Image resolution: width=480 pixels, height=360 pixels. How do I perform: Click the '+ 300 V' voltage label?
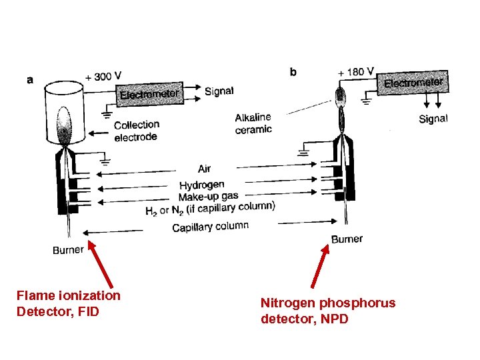click(x=103, y=77)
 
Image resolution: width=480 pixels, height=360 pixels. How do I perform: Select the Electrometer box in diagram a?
click(x=149, y=94)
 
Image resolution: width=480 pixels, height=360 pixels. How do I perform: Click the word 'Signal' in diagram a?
click(x=219, y=91)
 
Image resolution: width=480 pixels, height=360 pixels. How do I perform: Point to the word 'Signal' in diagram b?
click(x=433, y=119)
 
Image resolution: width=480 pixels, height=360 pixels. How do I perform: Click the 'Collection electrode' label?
click(x=136, y=131)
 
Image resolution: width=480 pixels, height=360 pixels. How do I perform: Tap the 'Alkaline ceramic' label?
click(x=253, y=123)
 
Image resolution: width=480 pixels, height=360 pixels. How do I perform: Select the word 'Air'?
click(x=204, y=169)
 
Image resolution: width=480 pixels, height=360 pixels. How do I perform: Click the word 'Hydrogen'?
click(x=201, y=185)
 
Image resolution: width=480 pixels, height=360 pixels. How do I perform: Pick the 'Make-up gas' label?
click(x=208, y=197)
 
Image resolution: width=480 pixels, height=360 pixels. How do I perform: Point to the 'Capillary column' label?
click(x=210, y=227)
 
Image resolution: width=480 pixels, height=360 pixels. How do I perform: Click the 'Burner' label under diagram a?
click(x=69, y=250)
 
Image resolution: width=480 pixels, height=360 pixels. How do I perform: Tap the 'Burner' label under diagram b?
click(x=347, y=239)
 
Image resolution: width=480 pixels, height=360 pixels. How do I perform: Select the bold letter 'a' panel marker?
click(x=30, y=79)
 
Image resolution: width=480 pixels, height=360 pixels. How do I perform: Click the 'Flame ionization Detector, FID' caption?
click(x=69, y=303)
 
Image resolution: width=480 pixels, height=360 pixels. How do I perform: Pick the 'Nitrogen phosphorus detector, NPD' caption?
click(x=327, y=311)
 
